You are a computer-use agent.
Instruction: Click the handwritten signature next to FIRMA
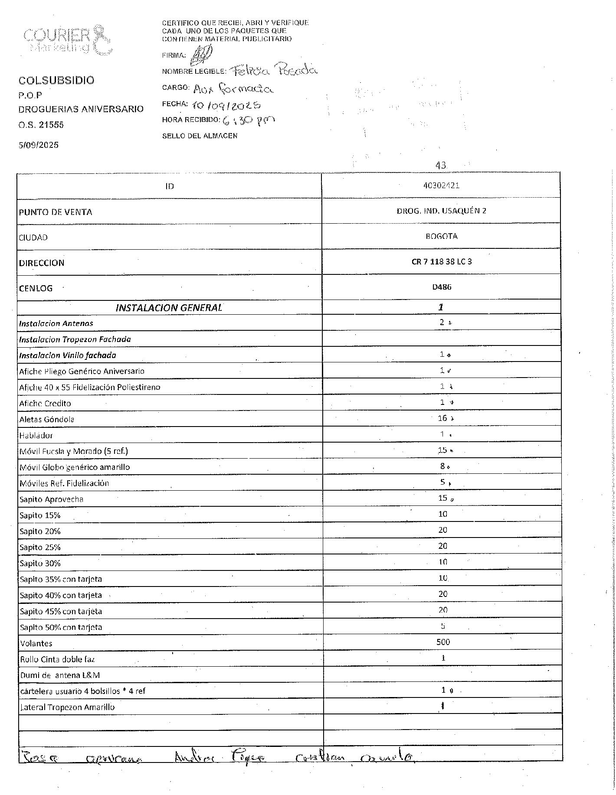[x=203, y=54]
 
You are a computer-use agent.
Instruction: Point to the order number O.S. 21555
[x=41, y=125]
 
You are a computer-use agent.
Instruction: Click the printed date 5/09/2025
[x=38, y=145]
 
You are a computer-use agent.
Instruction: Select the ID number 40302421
[x=441, y=186]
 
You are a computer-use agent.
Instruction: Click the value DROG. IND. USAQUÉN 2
[x=441, y=211]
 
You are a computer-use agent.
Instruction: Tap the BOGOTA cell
[x=441, y=236]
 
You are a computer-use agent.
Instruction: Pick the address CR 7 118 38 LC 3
[x=441, y=262]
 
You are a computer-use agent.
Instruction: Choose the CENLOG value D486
[x=442, y=287]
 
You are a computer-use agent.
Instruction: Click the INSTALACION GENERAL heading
[x=169, y=308]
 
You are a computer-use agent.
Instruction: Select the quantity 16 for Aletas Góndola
[x=442, y=418]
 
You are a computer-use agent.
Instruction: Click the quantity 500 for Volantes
[x=443, y=642]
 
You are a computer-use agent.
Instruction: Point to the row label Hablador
[x=36, y=435]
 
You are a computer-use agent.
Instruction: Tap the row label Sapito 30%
[x=40, y=564]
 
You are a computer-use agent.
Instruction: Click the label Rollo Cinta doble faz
[x=57, y=659]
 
